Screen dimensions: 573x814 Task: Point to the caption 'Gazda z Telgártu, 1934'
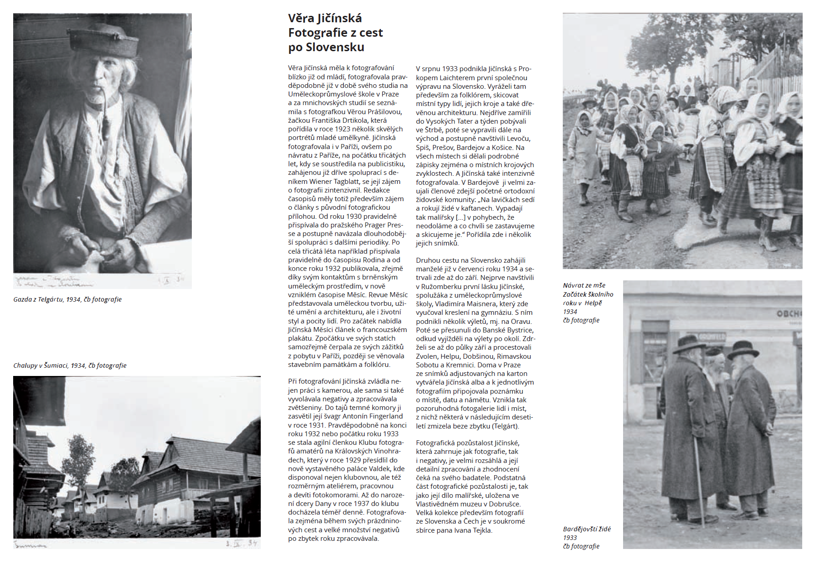pyautogui.click(x=67, y=299)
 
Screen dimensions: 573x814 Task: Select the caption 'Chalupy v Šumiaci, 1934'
pyautogui.click(x=69, y=366)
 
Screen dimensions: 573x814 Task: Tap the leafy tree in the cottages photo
pyautogui.click(x=78, y=457)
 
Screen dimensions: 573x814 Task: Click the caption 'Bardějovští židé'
pyautogui.click(x=587, y=529)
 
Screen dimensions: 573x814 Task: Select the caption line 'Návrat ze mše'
pyautogui.click(x=584, y=285)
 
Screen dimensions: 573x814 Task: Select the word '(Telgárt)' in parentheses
pyautogui.click(x=505, y=426)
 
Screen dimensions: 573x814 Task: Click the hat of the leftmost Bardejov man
pyautogui.click(x=689, y=344)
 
